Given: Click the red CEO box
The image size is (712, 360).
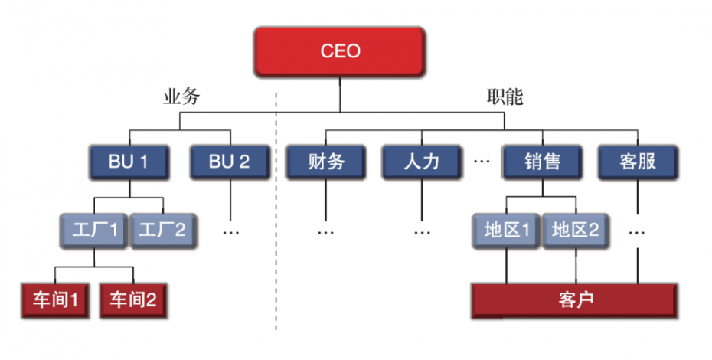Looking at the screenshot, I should coord(340,52).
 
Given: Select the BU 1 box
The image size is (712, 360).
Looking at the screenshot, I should coord(128,162).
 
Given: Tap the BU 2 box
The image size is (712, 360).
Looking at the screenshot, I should coord(229,162).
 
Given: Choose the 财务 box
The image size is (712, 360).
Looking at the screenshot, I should coord(325,162).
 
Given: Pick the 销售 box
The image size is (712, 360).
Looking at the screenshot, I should coord(542,162).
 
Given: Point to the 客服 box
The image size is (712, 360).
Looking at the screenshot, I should coord(637,162).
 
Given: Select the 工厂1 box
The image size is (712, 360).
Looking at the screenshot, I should coord(94,229).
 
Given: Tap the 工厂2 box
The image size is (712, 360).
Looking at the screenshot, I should coord(163,229).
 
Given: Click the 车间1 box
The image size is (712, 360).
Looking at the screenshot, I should coord(54,299).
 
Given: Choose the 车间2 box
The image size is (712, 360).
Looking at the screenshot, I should coord(133,299).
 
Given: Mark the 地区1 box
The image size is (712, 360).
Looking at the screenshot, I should coord(504,229).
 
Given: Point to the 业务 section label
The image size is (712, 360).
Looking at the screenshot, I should coord(181,97).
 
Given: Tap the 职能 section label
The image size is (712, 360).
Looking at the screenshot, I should coord(504,97).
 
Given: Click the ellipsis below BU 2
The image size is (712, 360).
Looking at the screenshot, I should coord(230,230).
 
